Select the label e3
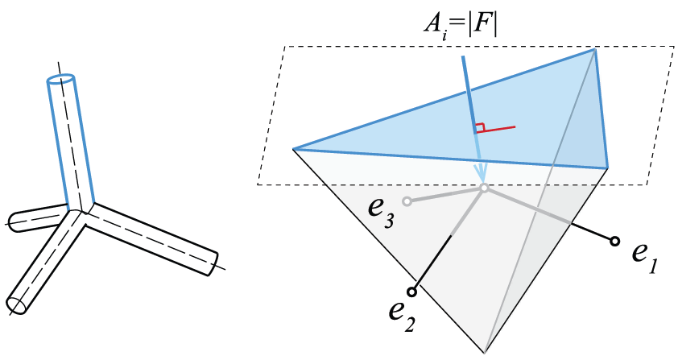coord(381,213)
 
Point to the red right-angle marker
coord(479,128)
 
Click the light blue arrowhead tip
coord(482,183)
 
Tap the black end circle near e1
coord(614,242)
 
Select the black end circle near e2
coord(412,292)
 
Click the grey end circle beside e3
coord(407,201)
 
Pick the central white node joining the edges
coord(484,188)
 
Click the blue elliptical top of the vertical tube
coord(60,80)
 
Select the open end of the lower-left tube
coord(17,306)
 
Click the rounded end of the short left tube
coord(11,221)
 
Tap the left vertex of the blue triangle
coord(293,149)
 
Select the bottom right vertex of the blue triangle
coord(608,168)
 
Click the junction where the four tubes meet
coord(81,212)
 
